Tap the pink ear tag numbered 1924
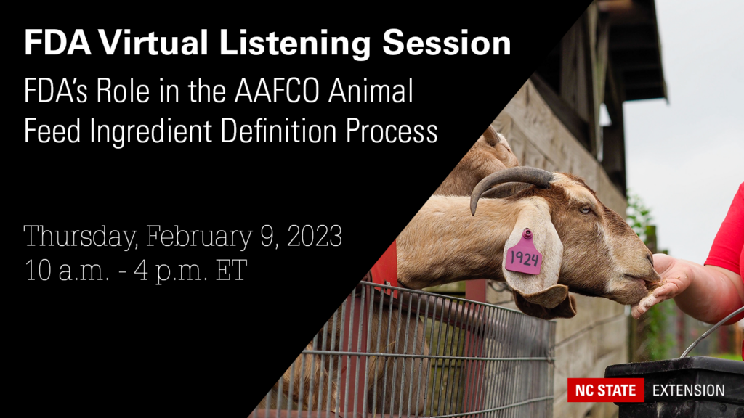point(524,255)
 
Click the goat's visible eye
point(585,209)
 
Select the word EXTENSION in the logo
point(688,390)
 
